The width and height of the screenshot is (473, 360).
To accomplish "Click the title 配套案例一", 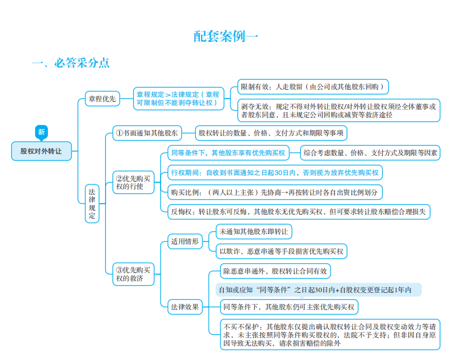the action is pyautogui.click(x=226, y=36).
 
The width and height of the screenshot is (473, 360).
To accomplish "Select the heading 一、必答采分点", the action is pyautogui.click(x=70, y=63).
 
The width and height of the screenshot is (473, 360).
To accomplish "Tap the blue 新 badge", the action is pyautogui.click(x=41, y=133).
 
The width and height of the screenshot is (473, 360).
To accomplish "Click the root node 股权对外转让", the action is pyautogui.click(x=41, y=151).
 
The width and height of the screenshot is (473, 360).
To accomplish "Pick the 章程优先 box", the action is pyautogui.click(x=102, y=99).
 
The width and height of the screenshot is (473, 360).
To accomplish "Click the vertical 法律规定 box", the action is pyautogui.click(x=92, y=204).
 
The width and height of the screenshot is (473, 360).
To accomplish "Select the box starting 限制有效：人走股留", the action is pyautogui.click(x=313, y=87).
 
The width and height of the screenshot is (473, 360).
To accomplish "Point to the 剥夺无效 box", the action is pyautogui.click(x=339, y=111).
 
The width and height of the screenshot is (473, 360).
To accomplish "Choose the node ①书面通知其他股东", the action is pyautogui.click(x=147, y=133).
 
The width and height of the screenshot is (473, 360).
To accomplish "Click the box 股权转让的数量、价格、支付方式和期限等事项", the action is pyautogui.click(x=271, y=133).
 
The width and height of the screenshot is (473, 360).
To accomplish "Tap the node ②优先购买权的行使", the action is pyautogui.click(x=133, y=182).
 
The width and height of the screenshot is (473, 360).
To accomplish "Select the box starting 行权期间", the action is pyautogui.click(x=275, y=173).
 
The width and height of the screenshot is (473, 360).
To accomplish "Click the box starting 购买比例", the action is pyautogui.click(x=275, y=192).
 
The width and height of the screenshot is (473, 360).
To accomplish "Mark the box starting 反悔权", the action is pyautogui.click(x=299, y=212).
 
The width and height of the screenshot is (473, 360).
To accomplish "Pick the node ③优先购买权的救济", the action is pyautogui.click(x=133, y=274).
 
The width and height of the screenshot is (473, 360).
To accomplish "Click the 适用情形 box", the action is pyautogui.click(x=185, y=241).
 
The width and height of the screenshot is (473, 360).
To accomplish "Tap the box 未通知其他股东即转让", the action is pyautogui.click(x=254, y=232).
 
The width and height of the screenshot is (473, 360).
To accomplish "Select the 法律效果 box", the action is pyautogui.click(x=185, y=307).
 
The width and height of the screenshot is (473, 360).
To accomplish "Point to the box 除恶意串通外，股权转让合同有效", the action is pyautogui.click(x=275, y=271).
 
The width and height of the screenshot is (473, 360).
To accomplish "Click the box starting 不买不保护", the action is pyautogui.click(x=329, y=335).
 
